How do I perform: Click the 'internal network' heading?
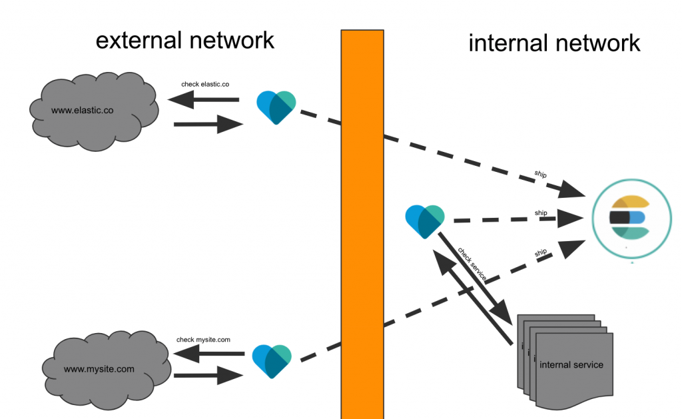[x=554, y=43]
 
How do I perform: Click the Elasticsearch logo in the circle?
[x=629, y=218]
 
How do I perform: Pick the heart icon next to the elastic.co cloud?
[x=276, y=107]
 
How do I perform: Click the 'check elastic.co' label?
[x=205, y=85]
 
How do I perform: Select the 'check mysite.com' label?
[x=203, y=340]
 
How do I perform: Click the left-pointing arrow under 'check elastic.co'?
[x=203, y=101]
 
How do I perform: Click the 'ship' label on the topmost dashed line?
[x=541, y=175]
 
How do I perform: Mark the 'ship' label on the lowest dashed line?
[x=540, y=252]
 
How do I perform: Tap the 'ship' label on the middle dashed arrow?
[x=541, y=213]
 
